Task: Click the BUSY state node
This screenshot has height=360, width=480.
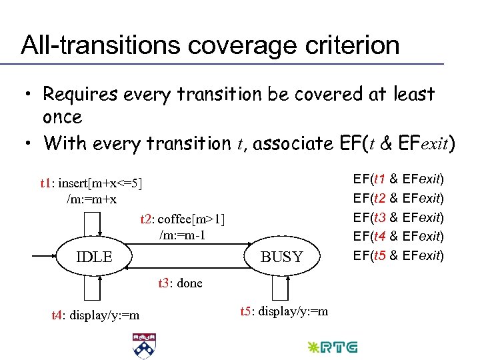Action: point(281,257)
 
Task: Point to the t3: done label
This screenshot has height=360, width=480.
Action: point(180,283)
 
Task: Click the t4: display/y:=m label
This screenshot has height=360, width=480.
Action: point(95,315)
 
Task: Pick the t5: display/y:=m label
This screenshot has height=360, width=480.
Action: point(283,311)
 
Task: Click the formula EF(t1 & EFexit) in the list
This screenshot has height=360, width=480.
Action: point(398,179)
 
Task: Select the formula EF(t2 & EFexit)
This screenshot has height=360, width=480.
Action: point(398,198)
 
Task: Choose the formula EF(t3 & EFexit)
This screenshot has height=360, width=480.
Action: point(398,217)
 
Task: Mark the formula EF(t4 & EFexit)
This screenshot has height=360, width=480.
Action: point(398,236)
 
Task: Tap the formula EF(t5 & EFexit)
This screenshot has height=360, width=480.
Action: point(398,255)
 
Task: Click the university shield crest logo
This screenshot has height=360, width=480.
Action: point(144,346)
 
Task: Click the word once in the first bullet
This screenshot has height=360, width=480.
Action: point(62,117)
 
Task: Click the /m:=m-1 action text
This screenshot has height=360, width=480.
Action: point(182,234)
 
